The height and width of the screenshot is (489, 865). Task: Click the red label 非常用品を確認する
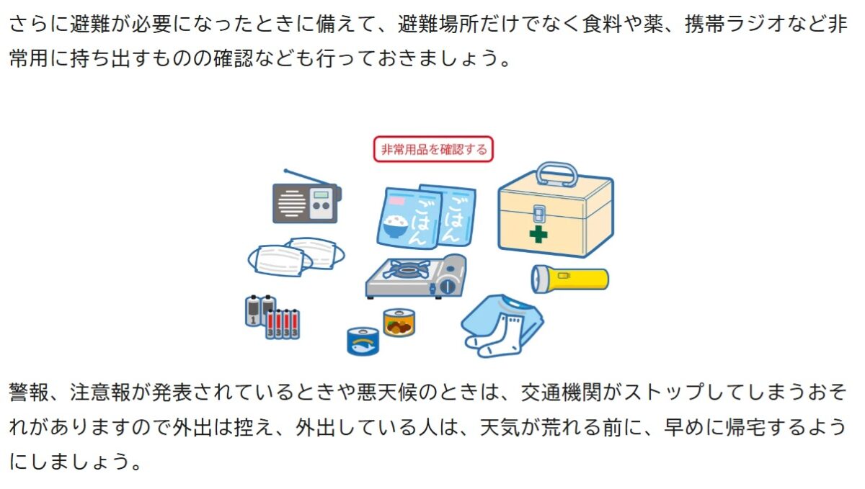tap(433, 149)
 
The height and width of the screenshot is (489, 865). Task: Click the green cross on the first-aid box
tap(538, 234)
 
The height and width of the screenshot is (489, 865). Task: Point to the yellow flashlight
tap(569, 278)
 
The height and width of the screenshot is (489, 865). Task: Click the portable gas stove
tap(416, 276)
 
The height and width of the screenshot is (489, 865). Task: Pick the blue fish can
tap(363, 341)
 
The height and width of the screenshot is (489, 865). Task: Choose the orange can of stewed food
tap(399, 322)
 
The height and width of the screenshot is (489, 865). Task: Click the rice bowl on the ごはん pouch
tap(395, 227)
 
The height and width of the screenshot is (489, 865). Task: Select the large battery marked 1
tap(253, 311)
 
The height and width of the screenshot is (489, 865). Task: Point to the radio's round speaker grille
tap(292, 203)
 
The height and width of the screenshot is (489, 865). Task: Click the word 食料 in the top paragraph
tap(603, 24)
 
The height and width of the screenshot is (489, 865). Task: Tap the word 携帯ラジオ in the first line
tap(736, 24)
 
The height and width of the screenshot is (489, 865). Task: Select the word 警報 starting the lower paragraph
tap(30, 392)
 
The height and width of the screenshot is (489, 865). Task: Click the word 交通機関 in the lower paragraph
tap(562, 392)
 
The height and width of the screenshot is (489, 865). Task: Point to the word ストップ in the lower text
tap(665, 392)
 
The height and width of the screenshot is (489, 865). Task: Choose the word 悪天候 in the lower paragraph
tap(387, 392)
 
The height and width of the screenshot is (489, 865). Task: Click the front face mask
tap(280, 261)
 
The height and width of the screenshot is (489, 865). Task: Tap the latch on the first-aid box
tap(538, 214)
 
